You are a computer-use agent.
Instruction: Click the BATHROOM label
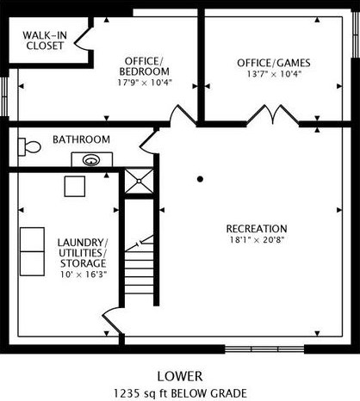coord(81,139)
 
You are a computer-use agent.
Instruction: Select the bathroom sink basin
coord(91,159)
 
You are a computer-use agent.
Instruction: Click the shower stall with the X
coord(136,182)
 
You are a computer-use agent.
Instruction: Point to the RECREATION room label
coord(256,228)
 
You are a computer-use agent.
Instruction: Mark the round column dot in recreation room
coord(200,179)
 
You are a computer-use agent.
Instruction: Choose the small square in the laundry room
coord(75,186)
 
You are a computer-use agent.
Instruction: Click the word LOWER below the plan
coord(180,376)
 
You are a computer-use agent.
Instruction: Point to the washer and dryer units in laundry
coord(32,251)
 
